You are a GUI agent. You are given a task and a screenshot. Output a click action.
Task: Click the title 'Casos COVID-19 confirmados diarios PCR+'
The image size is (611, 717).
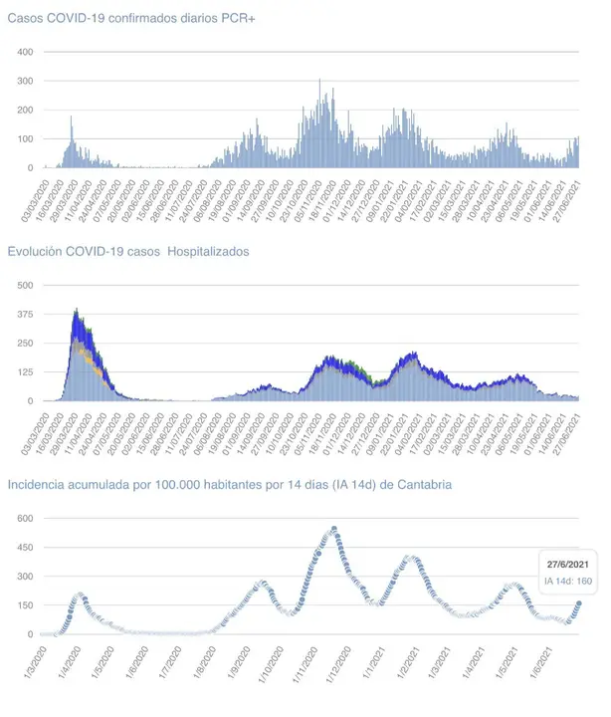click(x=132, y=19)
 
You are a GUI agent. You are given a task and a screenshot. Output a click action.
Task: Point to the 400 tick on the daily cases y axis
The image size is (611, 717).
click(x=26, y=52)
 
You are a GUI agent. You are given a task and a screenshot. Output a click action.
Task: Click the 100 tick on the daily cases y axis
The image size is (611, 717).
click(x=26, y=138)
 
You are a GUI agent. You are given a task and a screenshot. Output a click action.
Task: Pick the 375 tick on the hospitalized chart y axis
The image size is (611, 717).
click(x=25, y=314)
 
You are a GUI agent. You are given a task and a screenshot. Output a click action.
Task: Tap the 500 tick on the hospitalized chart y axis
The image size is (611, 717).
click(x=25, y=285)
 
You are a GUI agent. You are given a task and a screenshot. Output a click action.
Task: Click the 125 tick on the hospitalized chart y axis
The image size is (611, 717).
click(x=25, y=372)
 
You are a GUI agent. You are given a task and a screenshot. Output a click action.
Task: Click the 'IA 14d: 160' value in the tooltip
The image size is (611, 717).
click(x=567, y=581)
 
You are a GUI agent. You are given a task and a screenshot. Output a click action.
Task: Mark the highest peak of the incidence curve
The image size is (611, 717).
click(x=334, y=529)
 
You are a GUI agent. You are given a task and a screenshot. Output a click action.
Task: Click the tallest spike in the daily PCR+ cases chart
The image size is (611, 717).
click(x=319, y=80)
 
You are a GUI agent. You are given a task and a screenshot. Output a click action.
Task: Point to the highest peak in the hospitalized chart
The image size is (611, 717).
click(x=77, y=310)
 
